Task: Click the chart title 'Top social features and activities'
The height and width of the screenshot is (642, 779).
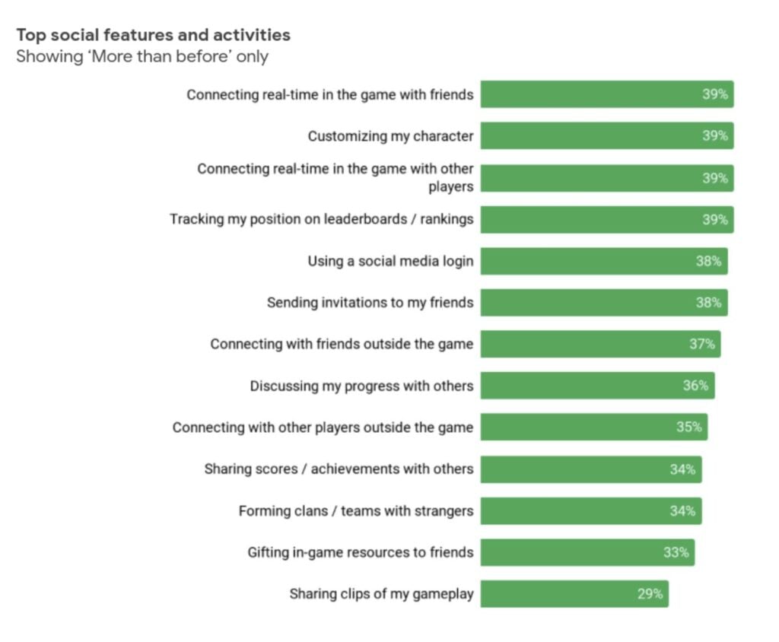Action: click(153, 35)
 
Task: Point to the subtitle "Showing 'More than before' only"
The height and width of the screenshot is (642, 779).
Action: click(142, 56)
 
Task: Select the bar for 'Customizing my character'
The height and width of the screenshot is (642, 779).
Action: click(606, 136)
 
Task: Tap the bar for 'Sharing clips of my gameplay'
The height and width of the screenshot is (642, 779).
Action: click(574, 594)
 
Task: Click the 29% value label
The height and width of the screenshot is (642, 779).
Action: click(650, 594)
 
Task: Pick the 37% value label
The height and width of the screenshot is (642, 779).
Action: click(702, 344)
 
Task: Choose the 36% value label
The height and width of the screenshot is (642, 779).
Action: click(695, 386)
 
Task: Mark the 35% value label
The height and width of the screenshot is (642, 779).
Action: click(689, 427)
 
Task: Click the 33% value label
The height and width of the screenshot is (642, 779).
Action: click(676, 552)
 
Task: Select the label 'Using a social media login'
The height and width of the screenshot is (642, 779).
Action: click(390, 261)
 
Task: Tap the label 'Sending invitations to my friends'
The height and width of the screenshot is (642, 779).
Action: click(370, 303)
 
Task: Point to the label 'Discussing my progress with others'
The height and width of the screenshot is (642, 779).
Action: click(361, 386)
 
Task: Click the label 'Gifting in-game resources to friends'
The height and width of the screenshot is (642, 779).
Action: click(361, 552)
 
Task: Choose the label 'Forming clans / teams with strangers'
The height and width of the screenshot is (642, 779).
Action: click(356, 510)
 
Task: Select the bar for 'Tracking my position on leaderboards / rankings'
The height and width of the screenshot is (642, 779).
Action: click(606, 220)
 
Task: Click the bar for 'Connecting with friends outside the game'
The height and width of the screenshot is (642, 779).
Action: click(599, 344)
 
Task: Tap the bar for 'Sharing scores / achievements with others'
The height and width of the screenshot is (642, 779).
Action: click(590, 469)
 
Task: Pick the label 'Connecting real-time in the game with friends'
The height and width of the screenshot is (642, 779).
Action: click(330, 94)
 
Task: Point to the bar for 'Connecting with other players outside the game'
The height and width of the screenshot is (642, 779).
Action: click(593, 427)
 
